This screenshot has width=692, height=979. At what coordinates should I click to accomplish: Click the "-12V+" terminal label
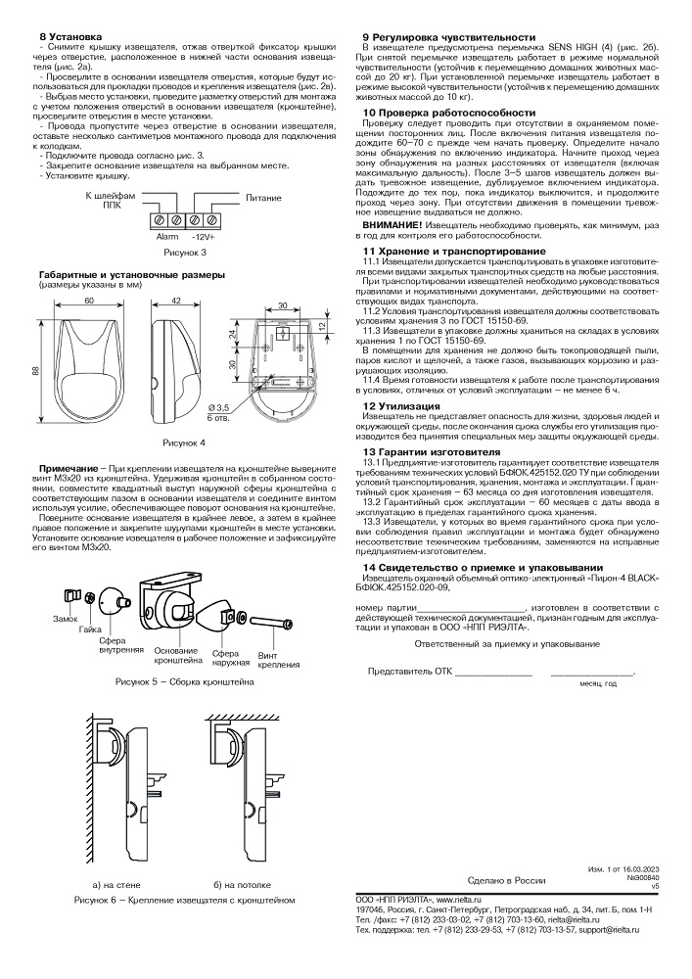(x=203, y=237)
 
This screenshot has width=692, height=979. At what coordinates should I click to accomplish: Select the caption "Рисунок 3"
(x=183, y=253)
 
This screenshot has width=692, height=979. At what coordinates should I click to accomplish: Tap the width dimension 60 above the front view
(x=89, y=302)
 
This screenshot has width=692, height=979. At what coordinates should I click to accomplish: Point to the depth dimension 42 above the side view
(x=177, y=302)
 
